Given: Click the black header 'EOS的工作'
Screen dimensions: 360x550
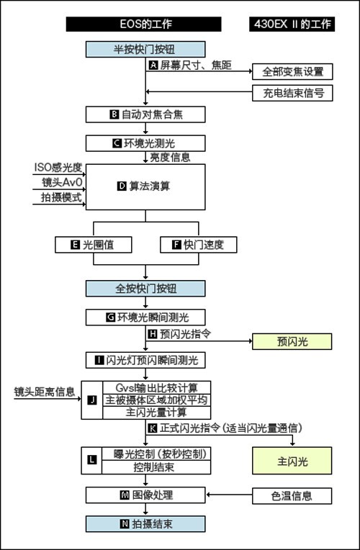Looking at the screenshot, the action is pos(143,24).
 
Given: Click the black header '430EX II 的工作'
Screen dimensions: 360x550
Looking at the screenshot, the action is pos(292,24).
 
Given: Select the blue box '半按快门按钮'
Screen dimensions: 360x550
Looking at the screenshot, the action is pos(145,49).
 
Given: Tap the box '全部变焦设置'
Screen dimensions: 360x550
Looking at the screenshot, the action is pos(292,71).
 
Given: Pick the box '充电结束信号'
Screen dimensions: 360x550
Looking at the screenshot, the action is pos(292,93).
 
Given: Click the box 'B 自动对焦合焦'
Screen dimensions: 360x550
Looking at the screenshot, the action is pos(145,114).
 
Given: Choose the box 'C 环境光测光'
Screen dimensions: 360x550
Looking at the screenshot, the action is pos(145,143).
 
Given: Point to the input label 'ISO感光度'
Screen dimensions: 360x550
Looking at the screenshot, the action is pos(58,167).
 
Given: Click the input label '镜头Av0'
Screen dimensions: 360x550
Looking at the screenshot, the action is pos(62,182).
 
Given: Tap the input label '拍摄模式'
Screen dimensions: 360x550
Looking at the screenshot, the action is pos(61,197).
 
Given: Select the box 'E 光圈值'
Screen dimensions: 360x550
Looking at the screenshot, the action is pos(94,245).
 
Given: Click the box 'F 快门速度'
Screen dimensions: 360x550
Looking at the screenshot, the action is pos(199,245).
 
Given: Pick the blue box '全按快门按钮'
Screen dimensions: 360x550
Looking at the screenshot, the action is pos(145,289).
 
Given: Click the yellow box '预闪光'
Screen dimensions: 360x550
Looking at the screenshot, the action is pos(292,341).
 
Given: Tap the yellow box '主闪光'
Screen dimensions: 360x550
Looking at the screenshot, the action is pos(292,461).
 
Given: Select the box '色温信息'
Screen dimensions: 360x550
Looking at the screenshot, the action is pos(292,495).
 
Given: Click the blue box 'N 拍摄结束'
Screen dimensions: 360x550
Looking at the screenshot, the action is pos(145,523).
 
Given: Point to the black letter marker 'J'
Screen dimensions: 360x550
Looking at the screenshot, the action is pos(92,400).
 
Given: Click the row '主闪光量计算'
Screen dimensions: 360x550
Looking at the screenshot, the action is pos(156,412).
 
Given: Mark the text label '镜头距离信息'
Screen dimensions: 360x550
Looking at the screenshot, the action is pos(45,392).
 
